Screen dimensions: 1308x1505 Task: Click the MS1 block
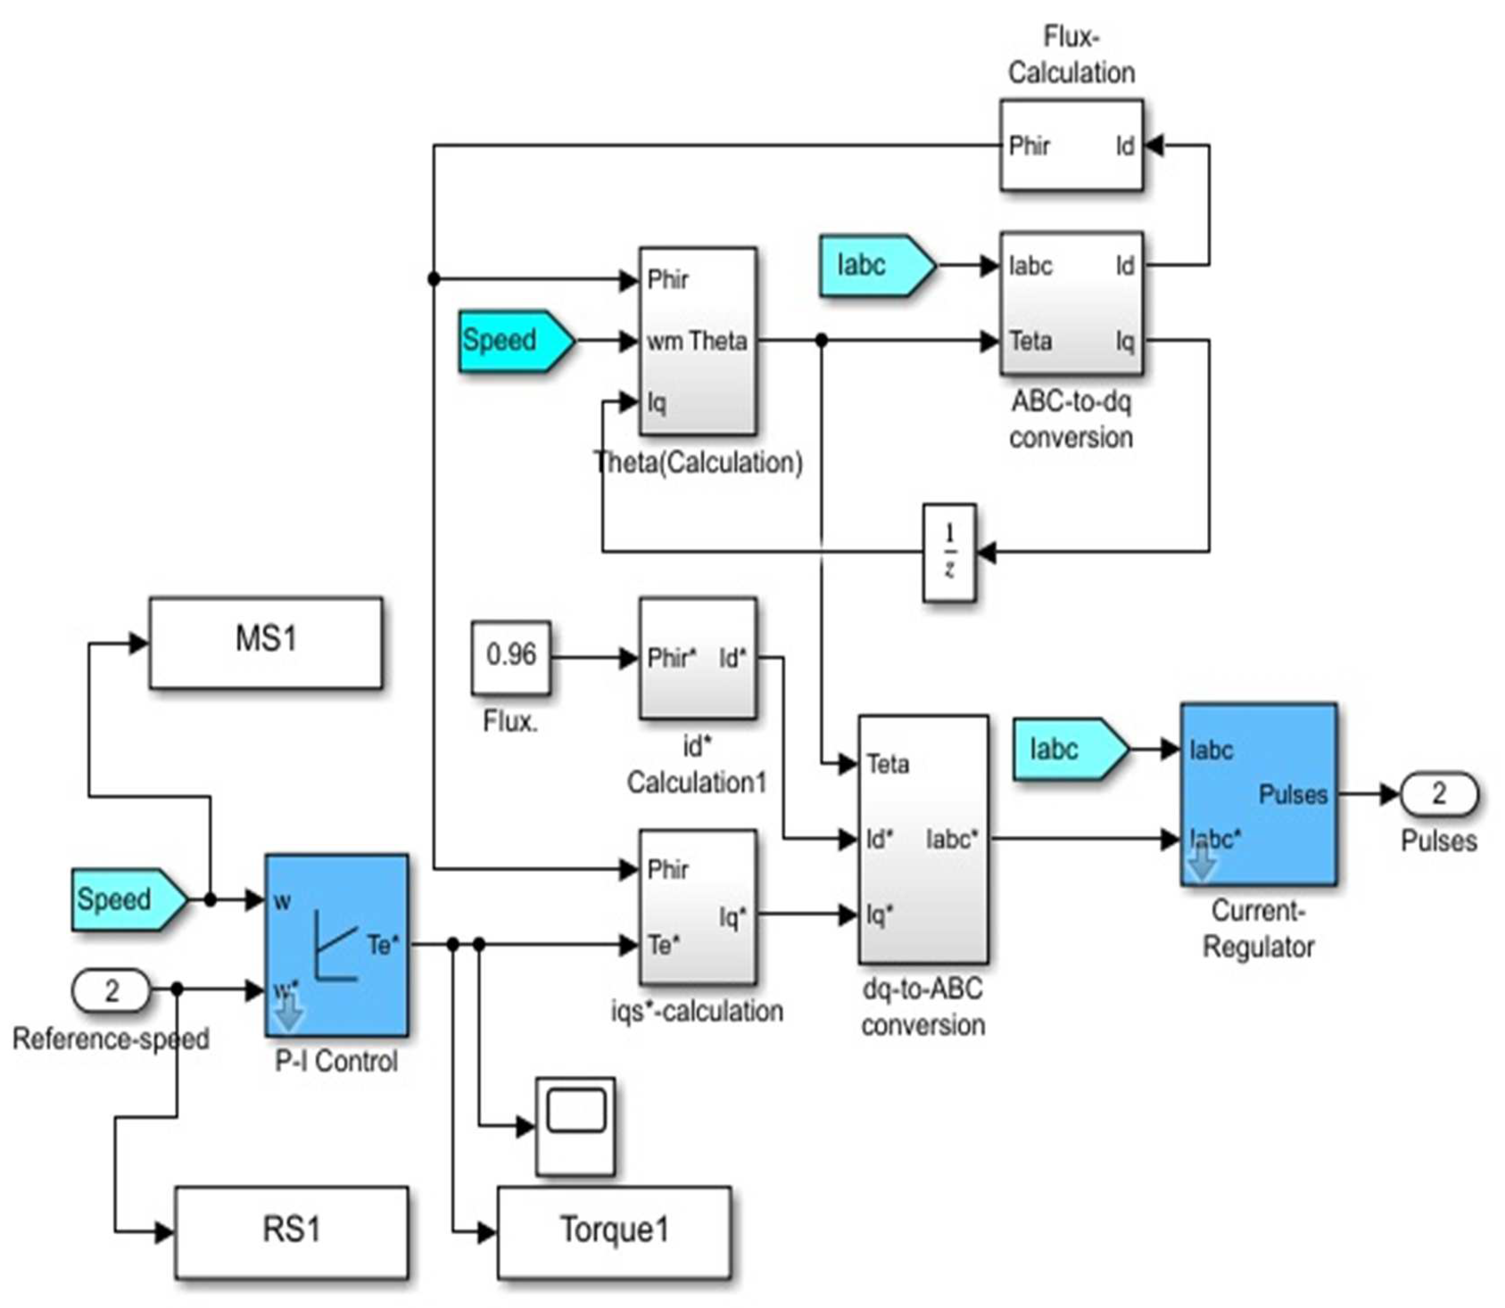(265, 642)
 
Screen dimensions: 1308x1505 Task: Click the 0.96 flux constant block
(511, 657)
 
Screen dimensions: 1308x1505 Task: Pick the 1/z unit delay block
(949, 553)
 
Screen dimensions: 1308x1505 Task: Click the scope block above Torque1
(575, 1126)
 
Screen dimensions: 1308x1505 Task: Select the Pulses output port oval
(1439, 793)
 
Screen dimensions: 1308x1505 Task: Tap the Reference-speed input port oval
(111, 991)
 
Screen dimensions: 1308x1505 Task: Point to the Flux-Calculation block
(1071, 146)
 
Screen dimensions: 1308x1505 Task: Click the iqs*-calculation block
(697, 907)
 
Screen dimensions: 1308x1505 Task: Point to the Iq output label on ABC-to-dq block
(1125, 341)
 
